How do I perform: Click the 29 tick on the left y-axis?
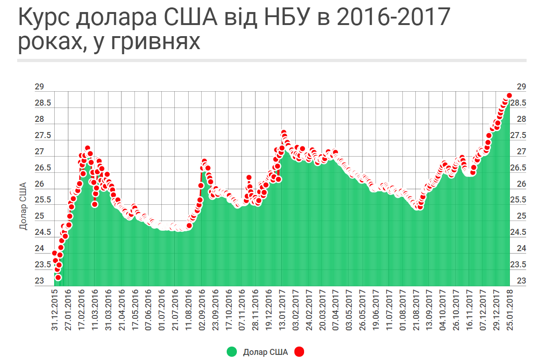pos(39,87)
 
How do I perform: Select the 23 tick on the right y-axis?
pos(521,281)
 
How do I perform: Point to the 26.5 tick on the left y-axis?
pos(43,168)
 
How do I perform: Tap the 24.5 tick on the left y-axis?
pos(43,233)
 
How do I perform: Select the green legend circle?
pos(232,352)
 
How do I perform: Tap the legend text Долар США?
pos(265,352)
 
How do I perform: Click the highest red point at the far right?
pos(509,95)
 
